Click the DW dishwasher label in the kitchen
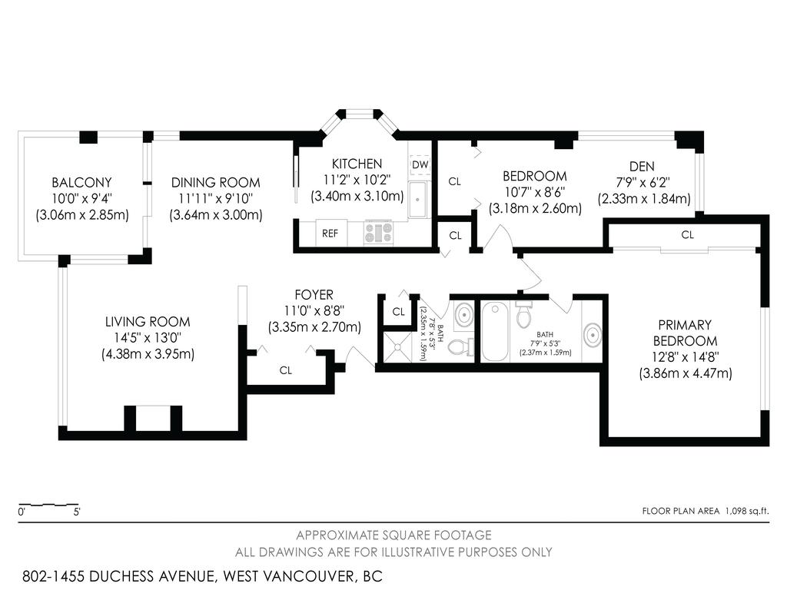419,165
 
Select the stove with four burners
378,232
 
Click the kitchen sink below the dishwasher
417,200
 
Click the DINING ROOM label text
215,183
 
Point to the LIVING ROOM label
148,322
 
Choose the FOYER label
314,295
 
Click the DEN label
642,167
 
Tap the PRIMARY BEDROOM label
685,333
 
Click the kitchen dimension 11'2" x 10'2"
357,180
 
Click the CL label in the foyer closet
286,370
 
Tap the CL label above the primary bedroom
687,235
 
